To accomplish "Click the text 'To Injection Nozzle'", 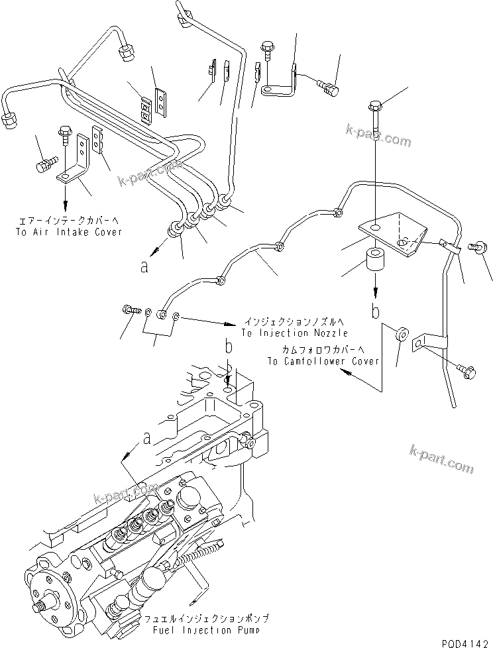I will click(294, 333).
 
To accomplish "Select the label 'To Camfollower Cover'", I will click(323, 361).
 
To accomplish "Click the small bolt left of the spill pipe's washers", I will click(129, 309).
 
